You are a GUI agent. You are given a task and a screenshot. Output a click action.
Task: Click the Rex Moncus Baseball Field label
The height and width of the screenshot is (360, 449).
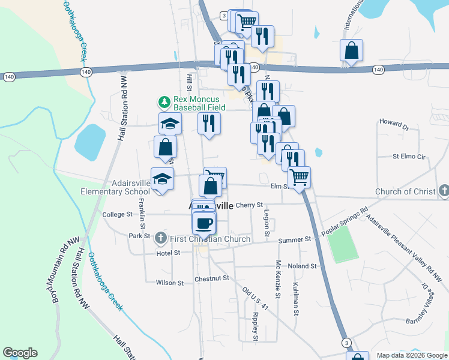[x=199, y=104]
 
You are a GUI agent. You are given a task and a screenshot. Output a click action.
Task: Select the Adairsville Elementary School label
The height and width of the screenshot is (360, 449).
[x=116, y=187]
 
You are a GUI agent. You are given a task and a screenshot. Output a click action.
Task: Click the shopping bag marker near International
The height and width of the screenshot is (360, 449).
[x=351, y=51]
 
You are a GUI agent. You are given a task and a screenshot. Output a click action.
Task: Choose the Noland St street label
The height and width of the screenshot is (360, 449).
[x=301, y=266]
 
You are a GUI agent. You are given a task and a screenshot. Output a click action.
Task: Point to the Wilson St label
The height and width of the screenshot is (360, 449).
[x=169, y=283]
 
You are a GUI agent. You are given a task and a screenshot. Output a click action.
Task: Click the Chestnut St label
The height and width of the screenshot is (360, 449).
[x=212, y=278]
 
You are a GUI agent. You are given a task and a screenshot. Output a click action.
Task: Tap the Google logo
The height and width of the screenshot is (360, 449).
[x=20, y=353]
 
